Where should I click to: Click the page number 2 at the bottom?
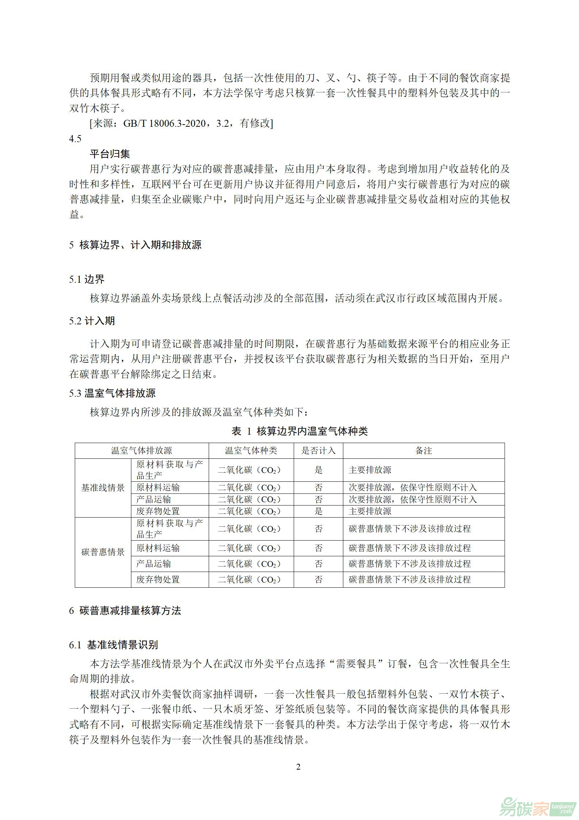coord(298,767)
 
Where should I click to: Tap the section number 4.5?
coord(75,139)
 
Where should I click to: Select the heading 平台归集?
coord(110,154)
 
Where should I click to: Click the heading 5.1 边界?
coord(87,279)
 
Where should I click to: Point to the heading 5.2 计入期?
coord(92,321)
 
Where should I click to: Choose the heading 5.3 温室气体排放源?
coord(112,393)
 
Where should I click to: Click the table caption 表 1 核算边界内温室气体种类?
coord(300,431)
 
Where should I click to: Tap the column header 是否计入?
coord(318,451)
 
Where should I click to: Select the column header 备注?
coord(424,451)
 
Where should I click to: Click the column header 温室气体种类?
coord(251,451)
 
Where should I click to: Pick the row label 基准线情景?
coord(103,488)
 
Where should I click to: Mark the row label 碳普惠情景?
coord(103,552)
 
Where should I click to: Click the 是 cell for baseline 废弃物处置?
coord(319,511)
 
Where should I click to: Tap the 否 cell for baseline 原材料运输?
coord(319,488)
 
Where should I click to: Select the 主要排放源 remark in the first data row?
coord(370,470)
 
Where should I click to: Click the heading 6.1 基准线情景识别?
coord(113,645)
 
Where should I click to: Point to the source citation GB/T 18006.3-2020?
coord(165,123)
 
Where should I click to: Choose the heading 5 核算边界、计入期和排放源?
coord(135,245)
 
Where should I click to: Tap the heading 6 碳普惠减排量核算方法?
coord(125,611)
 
